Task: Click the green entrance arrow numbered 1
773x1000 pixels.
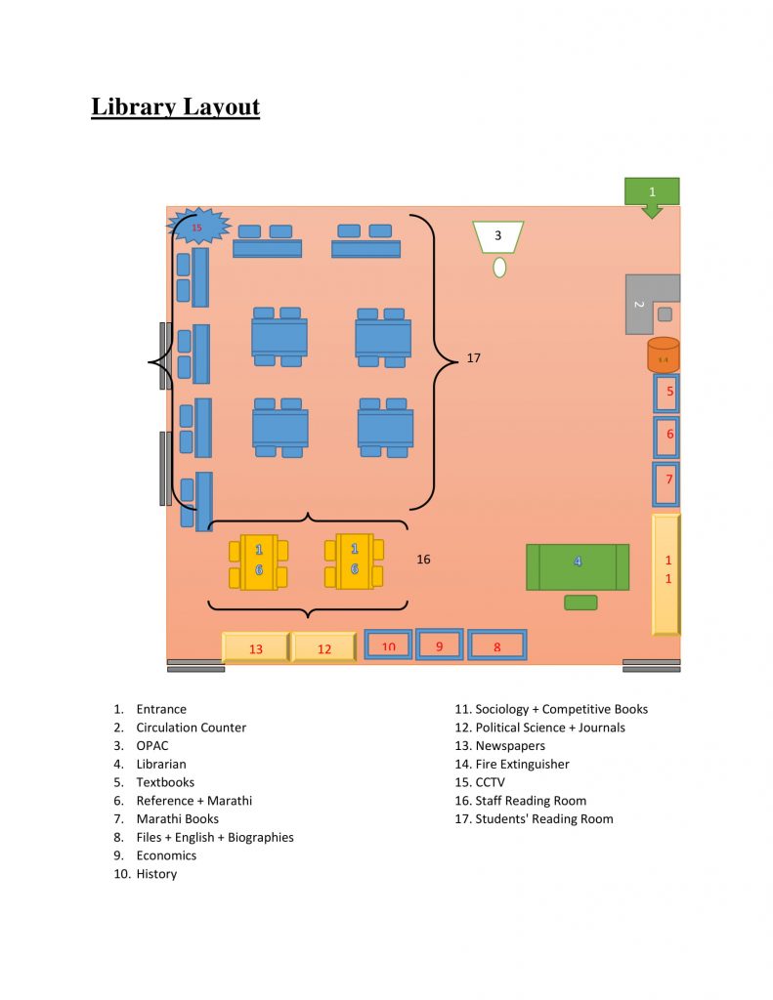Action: coord(652,194)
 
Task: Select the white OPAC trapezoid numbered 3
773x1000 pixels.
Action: coord(497,235)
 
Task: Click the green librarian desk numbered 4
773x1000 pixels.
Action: coord(578,566)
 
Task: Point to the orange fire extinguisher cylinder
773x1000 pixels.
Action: coord(664,355)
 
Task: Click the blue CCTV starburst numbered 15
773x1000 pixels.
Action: coord(198,227)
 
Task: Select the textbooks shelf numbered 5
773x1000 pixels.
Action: coord(666,393)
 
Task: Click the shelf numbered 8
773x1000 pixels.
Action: coord(496,646)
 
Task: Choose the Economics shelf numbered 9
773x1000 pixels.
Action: coord(440,645)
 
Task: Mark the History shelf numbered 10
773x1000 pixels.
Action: coord(388,645)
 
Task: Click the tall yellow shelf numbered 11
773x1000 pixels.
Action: coord(666,573)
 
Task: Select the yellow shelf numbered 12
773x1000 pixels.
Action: coord(323,648)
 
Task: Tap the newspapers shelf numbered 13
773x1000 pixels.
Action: coord(256,648)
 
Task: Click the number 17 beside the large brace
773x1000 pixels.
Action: coord(474,358)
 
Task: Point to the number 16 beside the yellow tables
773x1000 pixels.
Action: coord(424,560)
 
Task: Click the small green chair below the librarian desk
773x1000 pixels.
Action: coord(580,603)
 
